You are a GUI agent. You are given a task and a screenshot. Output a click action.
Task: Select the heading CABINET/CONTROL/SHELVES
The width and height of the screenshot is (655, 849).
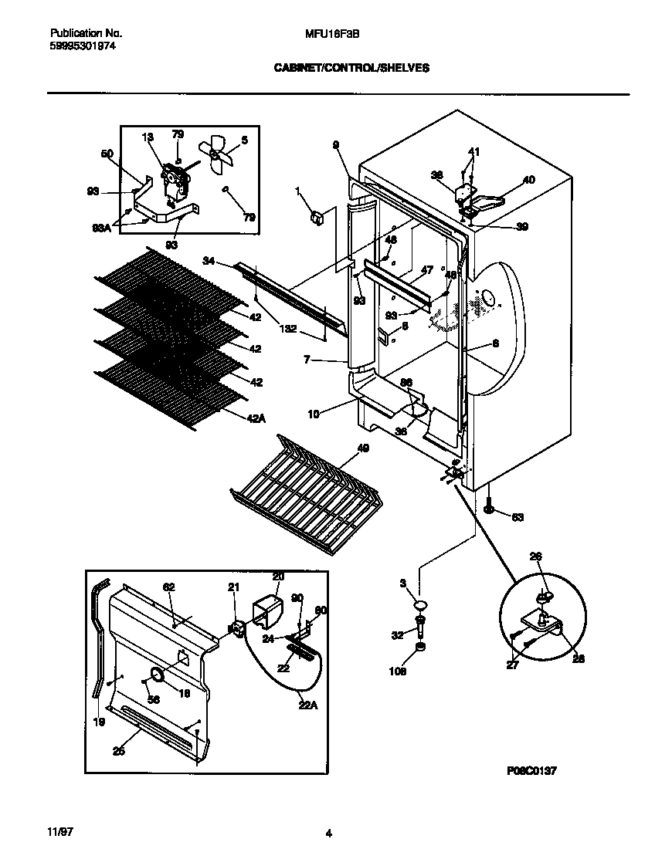point(351,68)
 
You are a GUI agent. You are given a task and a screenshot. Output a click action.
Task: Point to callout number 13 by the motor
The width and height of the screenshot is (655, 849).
point(148,137)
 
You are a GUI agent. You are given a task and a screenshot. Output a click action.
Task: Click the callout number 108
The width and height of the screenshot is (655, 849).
point(399,671)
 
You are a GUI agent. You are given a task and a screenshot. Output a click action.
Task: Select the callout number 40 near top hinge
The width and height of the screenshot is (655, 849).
point(528,180)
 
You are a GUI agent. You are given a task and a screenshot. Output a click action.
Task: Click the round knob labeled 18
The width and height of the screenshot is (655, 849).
point(157,676)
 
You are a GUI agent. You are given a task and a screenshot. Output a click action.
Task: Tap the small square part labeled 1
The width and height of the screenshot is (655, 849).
point(315,218)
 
